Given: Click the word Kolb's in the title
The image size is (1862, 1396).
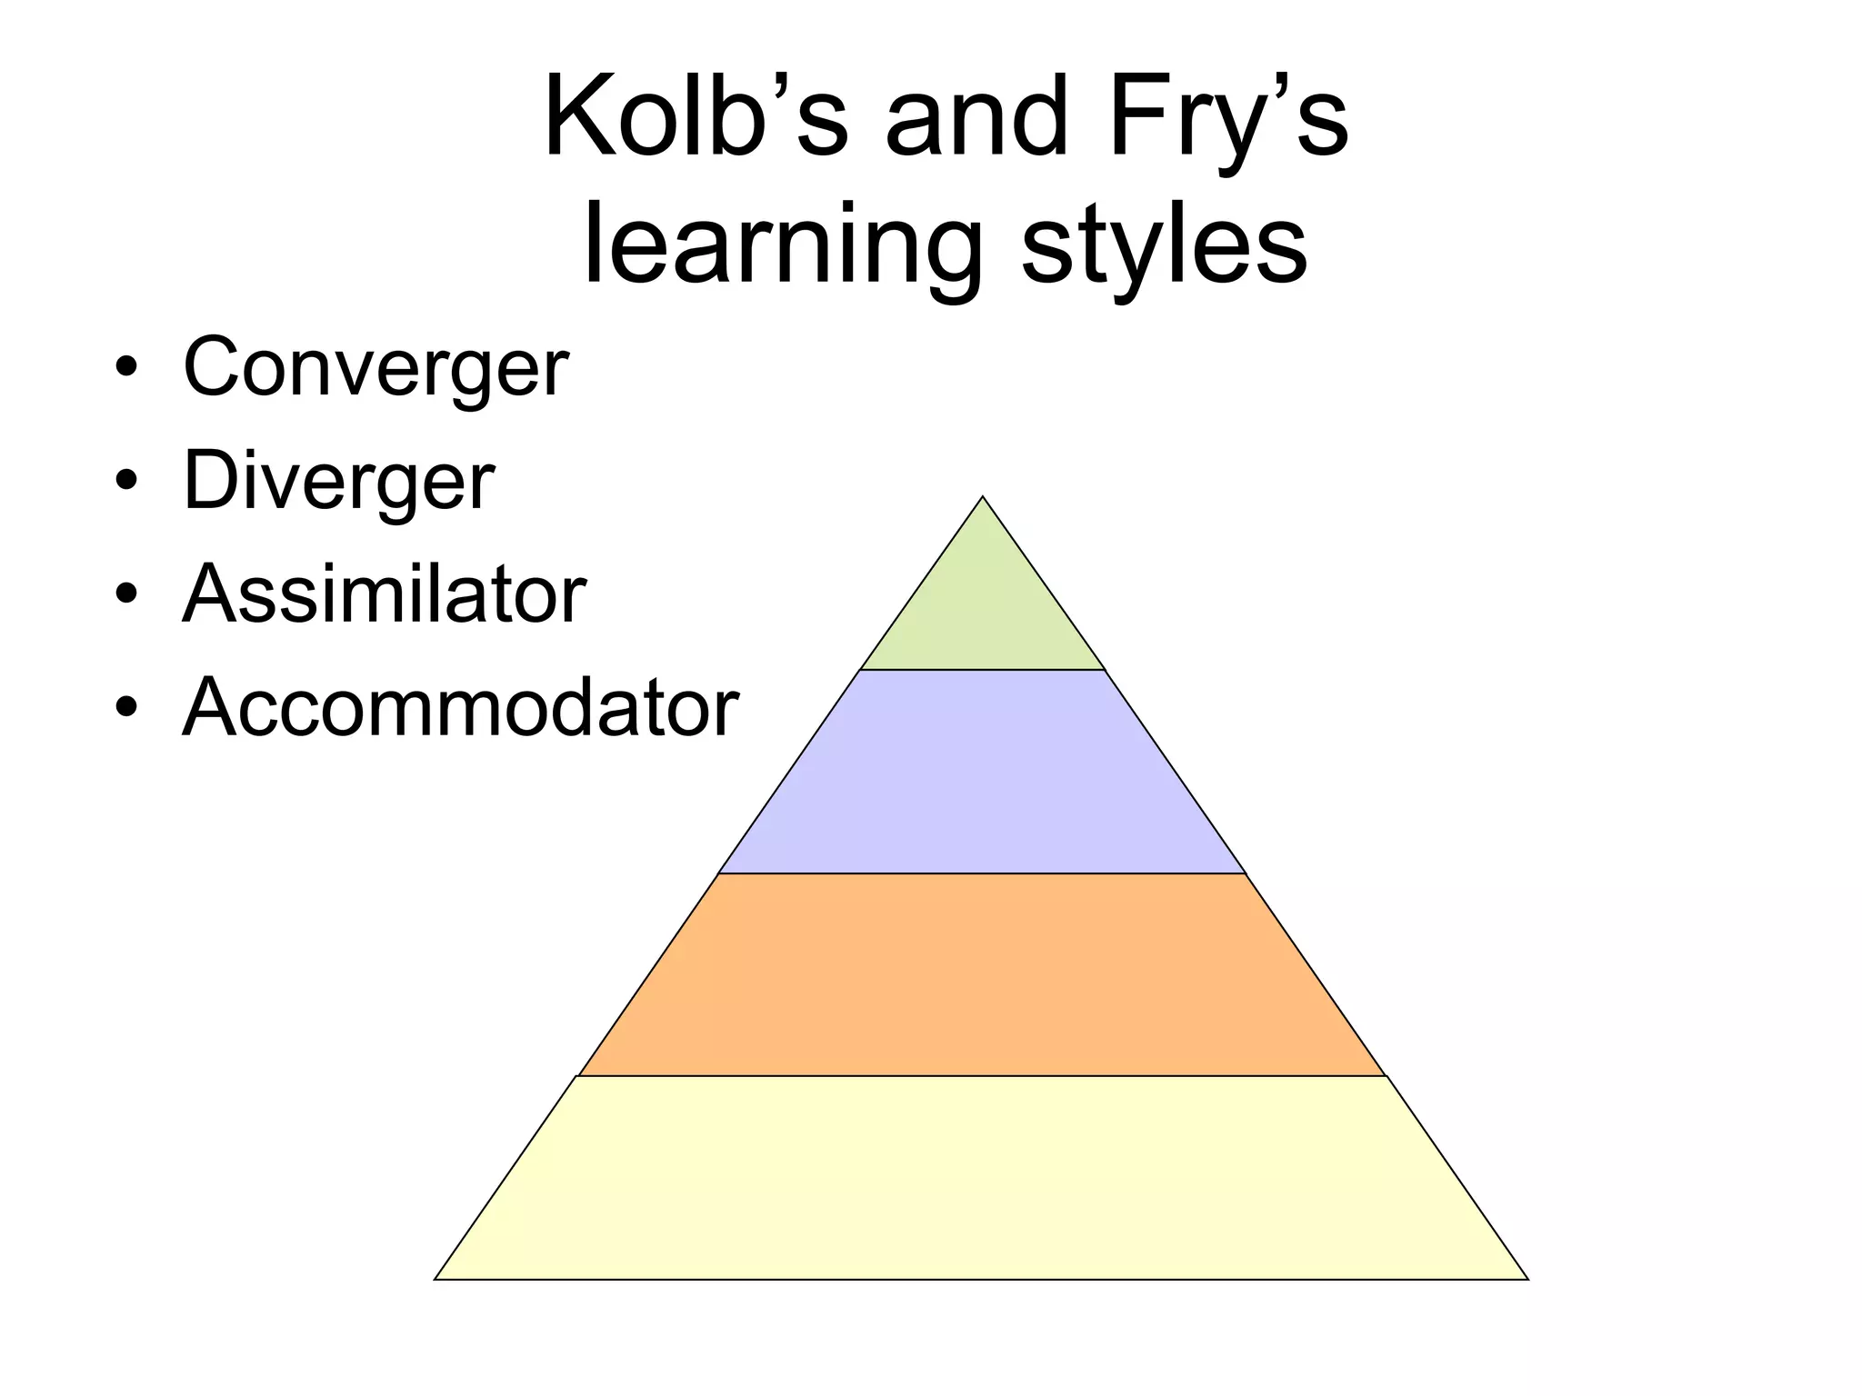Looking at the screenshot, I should [x=696, y=119].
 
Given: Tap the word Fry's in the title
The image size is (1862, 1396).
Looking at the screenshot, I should [x=1227, y=119].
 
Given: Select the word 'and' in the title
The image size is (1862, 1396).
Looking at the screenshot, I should [x=976, y=119].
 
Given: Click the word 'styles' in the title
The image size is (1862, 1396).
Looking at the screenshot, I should [x=1164, y=245].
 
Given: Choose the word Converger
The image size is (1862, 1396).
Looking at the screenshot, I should [x=375, y=367].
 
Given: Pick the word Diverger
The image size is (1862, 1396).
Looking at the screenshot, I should [x=338, y=481].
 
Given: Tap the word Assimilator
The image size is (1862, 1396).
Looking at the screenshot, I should [x=384, y=594].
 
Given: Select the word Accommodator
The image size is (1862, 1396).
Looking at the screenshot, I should [x=460, y=708].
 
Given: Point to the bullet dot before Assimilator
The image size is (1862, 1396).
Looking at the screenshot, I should [x=126, y=595].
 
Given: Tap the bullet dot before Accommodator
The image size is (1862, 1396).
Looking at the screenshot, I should [x=126, y=709].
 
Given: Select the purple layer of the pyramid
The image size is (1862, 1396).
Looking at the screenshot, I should [x=983, y=773].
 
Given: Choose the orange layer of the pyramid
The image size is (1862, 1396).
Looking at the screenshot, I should [x=983, y=975].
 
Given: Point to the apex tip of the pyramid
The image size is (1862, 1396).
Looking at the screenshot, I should [x=983, y=499].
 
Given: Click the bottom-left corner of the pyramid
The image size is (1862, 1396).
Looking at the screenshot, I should [x=437, y=1278].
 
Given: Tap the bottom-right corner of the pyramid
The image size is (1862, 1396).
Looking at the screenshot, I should [x=1526, y=1278].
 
